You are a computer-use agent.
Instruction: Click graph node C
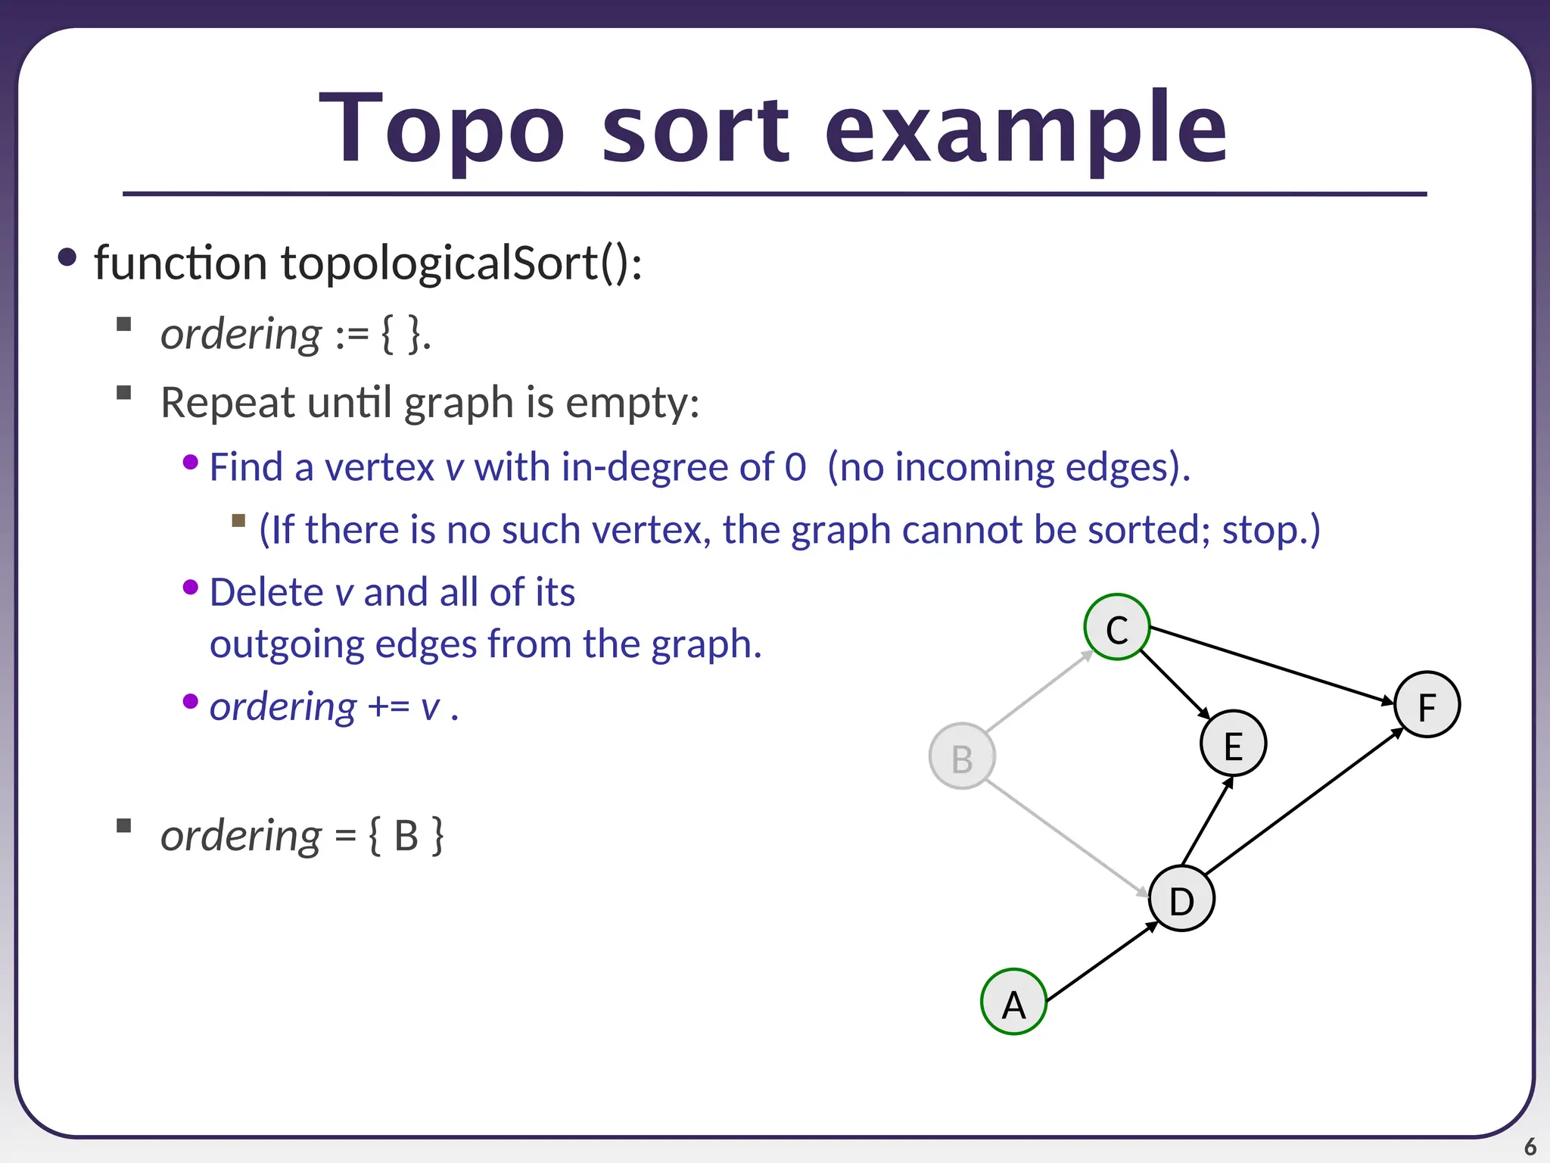(1117, 627)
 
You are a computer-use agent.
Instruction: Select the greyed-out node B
(962, 756)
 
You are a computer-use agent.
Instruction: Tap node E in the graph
(1233, 744)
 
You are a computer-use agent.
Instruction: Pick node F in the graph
(1427, 705)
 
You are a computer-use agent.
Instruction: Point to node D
(1181, 899)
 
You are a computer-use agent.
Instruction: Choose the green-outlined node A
(1013, 1002)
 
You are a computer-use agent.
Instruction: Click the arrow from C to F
(1271, 665)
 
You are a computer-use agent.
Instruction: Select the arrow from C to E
(1175, 684)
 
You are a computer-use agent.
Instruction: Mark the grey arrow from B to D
(1067, 837)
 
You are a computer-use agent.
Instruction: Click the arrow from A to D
(1102, 962)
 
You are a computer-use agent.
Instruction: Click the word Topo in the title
(443, 129)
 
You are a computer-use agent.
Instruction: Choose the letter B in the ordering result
(406, 837)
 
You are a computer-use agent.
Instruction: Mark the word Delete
(266, 592)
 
